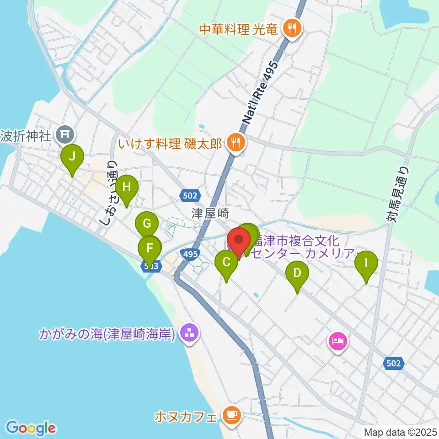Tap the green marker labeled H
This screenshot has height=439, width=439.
[126, 187]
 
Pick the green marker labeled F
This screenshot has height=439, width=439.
[150, 249]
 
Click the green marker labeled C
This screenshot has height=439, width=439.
[226, 263]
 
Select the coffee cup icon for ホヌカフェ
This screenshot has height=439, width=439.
[230, 415]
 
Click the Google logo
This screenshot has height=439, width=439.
[31, 428]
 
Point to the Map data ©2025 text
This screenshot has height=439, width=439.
[401, 432]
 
